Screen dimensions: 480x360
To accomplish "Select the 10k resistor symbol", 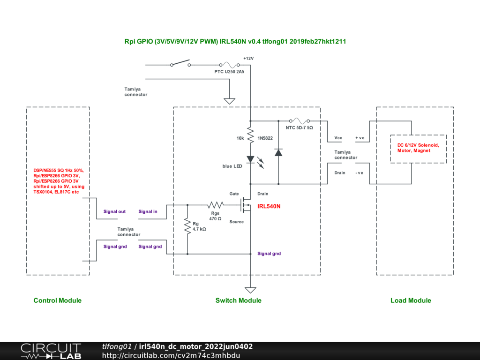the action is point(250,135).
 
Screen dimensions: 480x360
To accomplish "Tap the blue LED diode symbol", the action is point(250,159).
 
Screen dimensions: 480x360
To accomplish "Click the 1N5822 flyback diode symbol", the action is point(278,152).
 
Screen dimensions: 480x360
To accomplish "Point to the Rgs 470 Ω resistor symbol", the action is point(216,204).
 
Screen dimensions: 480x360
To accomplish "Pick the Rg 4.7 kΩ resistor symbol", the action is point(187,226).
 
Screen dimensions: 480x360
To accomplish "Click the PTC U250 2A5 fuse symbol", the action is point(229,65).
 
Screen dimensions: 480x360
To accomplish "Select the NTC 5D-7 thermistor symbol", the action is point(300,120).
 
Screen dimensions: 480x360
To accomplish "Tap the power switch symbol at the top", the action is point(180,63).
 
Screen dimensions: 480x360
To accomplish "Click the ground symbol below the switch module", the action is point(250,290).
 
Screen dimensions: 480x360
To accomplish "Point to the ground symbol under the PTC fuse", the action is point(229,101).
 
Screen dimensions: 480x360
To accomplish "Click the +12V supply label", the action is point(248,59).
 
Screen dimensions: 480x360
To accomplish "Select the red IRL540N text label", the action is point(269,206).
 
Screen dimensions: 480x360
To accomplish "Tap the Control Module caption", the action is point(58,300).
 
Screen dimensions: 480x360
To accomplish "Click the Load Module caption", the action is point(411,300).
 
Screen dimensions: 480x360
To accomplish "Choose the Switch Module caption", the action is point(239,300).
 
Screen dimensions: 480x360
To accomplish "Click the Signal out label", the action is point(114,211).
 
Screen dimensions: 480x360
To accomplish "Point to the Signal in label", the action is point(148,211).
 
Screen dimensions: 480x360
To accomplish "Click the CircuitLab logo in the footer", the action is point(51,351).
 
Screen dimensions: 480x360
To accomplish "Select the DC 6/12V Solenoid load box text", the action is point(418,148).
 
